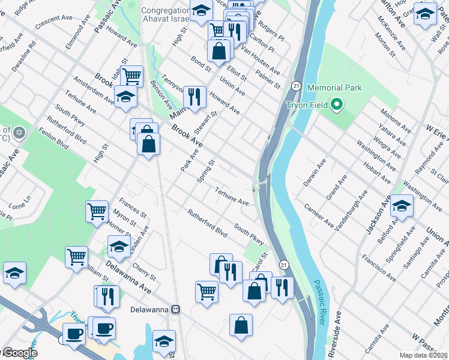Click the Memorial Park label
(334, 88)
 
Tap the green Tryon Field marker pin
(336, 106)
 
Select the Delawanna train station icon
(176, 310)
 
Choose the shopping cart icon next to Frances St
(97, 211)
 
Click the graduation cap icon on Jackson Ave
(402, 205)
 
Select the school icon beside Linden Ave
(119, 246)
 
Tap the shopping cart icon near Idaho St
(131, 76)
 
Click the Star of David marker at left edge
(19, 132)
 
